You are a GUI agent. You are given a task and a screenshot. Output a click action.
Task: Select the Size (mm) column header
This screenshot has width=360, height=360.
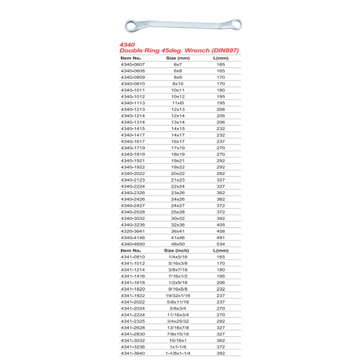pyautogui.click(x=178, y=58)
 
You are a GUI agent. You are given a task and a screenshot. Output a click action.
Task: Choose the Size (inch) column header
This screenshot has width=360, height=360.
pyautogui.click(x=178, y=250)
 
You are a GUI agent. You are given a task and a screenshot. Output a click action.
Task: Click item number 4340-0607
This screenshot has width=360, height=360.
pyautogui.click(x=132, y=64)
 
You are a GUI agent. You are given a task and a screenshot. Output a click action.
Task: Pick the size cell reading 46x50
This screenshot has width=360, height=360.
pyautogui.click(x=178, y=244)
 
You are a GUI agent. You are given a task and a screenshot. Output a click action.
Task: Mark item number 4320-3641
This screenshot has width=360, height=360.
pyautogui.click(x=132, y=231)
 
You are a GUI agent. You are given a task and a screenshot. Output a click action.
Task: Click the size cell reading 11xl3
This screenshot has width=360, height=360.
pyautogui.click(x=178, y=102)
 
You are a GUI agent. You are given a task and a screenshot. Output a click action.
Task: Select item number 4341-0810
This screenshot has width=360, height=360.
pyautogui.click(x=132, y=256)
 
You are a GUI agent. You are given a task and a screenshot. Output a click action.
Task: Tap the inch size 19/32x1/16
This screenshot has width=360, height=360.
pyautogui.click(x=178, y=295)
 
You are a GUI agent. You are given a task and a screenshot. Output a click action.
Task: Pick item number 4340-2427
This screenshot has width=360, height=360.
pyautogui.click(x=132, y=205)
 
